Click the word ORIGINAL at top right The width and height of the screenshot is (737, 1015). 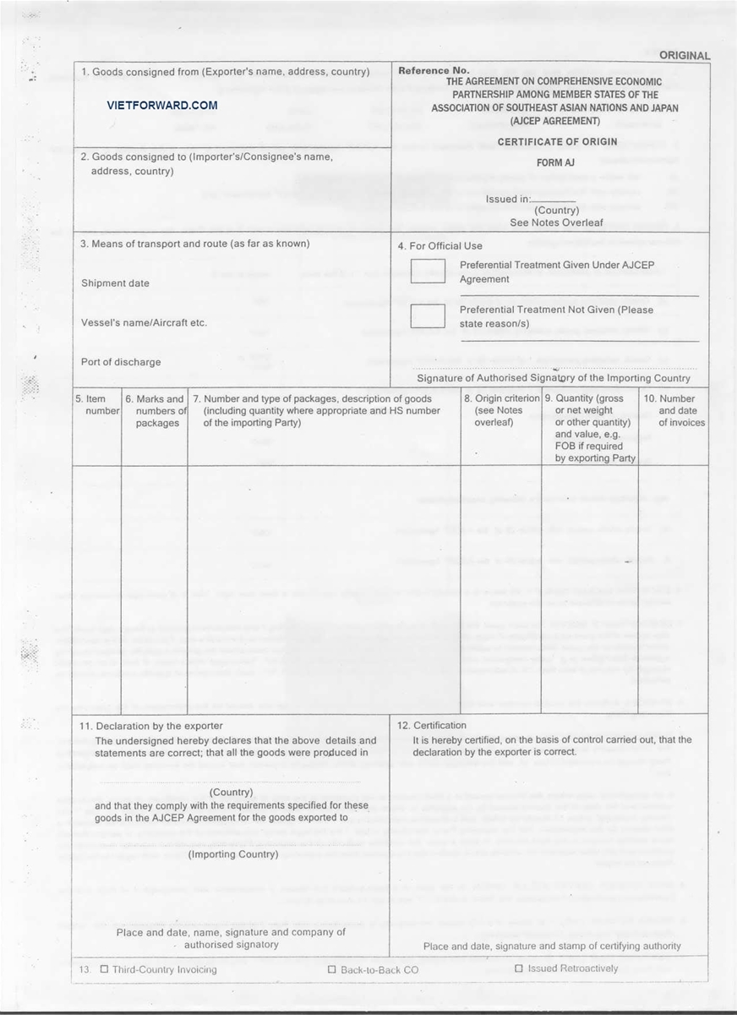[685, 56]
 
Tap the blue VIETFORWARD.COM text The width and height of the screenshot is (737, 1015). [162, 106]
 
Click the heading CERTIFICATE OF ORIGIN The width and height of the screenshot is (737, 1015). [557, 141]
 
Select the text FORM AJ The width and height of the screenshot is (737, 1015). [555, 162]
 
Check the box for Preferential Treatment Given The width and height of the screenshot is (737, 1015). [427, 271]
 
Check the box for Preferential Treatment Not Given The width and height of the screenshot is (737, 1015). [427, 315]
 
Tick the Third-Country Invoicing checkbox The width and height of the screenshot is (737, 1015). [104, 969]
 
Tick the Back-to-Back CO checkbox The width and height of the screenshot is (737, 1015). [332, 969]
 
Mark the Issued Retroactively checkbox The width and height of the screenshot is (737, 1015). [518, 968]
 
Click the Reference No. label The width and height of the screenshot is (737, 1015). [434, 71]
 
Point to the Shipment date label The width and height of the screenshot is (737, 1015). [115, 283]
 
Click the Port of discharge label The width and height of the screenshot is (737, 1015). [121, 362]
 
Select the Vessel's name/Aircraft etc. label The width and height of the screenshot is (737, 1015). [144, 322]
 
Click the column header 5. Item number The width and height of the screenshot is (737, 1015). [96, 404]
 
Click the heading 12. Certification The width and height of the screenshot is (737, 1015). [432, 726]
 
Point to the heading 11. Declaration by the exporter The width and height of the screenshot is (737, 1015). [151, 726]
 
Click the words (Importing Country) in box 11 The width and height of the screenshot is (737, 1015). [232, 854]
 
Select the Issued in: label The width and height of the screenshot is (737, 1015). [508, 200]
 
